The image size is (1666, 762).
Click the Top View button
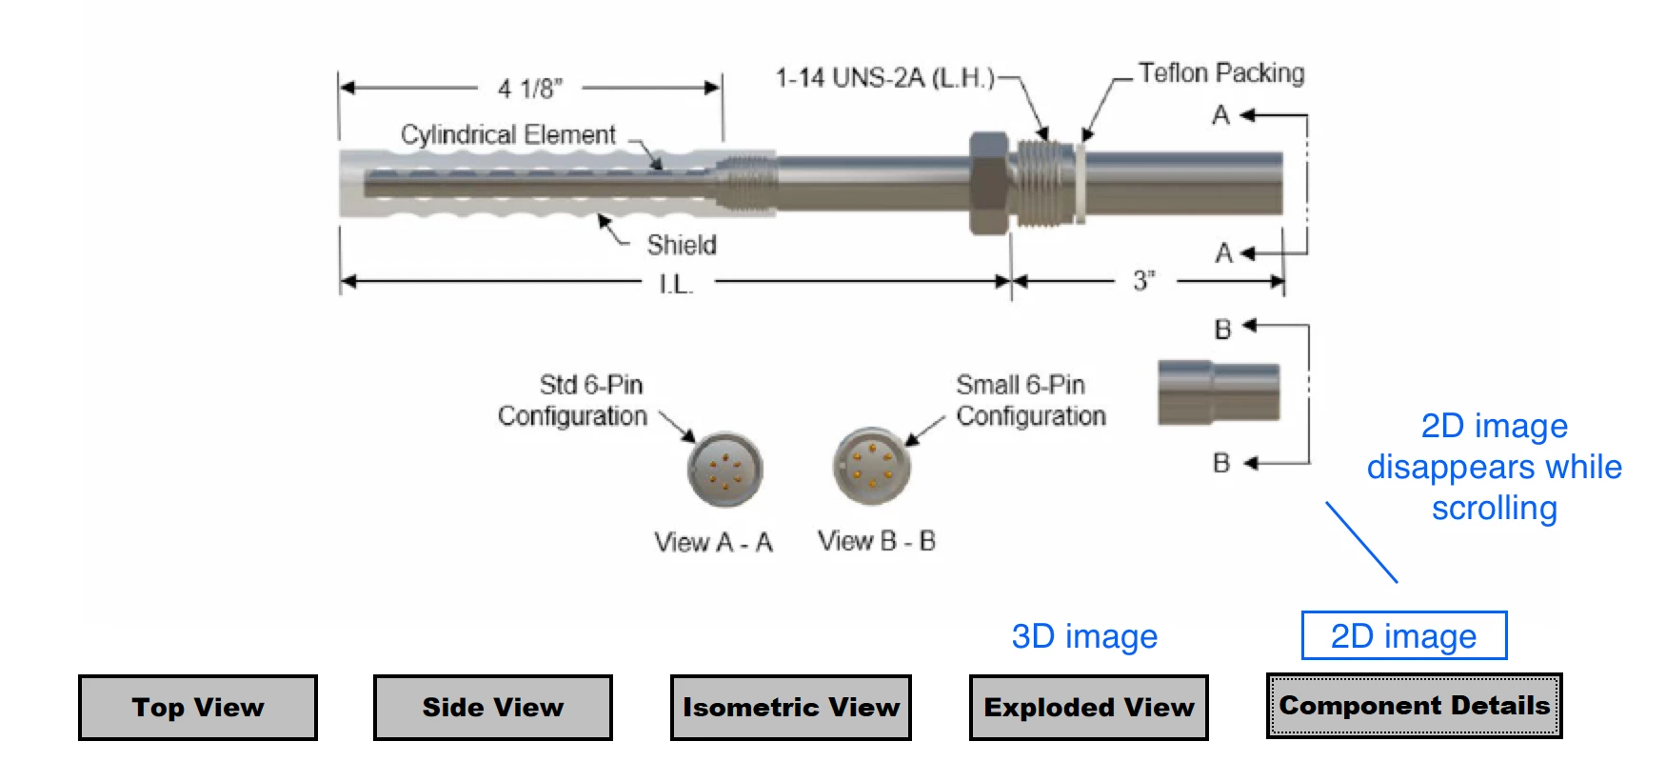pyautogui.click(x=198, y=708)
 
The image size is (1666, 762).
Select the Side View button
pyautogui.click(x=493, y=708)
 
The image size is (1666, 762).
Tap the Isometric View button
pyautogui.click(x=791, y=708)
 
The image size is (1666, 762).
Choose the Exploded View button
pyautogui.click(x=1089, y=708)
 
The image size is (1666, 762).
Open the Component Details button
pyautogui.click(x=1415, y=706)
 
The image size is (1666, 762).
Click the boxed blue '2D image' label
pyautogui.click(x=1404, y=635)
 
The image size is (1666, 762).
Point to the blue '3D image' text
pyautogui.click(x=1084, y=636)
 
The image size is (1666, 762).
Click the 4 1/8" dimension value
pyautogui.click(x=530, y=89)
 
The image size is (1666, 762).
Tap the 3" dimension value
pyautogui.click(x=1144, y=281)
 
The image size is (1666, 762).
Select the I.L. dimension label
pyautogui.click(x=676, y=284)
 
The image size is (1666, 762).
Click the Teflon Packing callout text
pyautogui.click(x=1221, y=73)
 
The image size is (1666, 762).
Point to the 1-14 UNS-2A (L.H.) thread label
pyautogui.click(x=885, y=77)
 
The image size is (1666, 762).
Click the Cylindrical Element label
pyautogui.click(x=508, y=134)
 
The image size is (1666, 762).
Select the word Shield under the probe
pyautogui.click(x=682, y=245)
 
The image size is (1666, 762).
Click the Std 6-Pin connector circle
pyautogui.click(x=725, y=469)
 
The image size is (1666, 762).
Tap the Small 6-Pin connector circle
pyautogui.click(x=871, y=465)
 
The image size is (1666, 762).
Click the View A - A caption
pyautogui.click(x=713, y=542)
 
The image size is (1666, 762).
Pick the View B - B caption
pyautogui.click(x=877, y=541)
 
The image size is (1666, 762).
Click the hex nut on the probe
pyautogui.click(x=990, y=184)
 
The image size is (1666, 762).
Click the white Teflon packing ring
pyautogui.click(x=1081, y=183)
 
